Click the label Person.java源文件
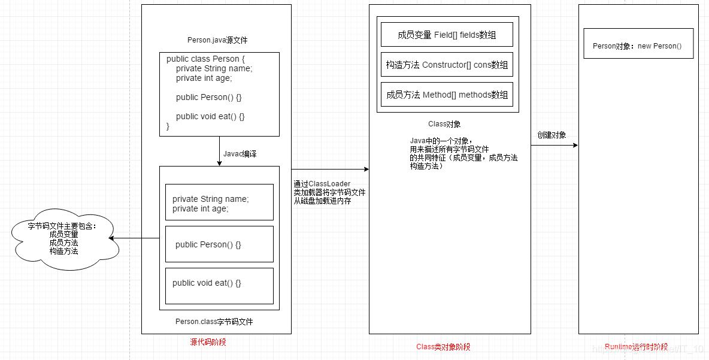[217, 40]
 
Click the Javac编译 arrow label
[240, 154]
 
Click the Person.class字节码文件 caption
[214, 322]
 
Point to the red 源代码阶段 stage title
[208, 342]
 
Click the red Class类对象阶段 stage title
[443, 347]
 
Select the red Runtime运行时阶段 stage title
[636, 347]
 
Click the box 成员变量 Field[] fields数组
[447, 35]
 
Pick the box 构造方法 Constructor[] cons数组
[447, 65]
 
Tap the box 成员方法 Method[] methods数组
[447, 95]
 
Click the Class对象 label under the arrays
[444, 124]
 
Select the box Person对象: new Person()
[638, 46]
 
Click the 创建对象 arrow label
[552, 135]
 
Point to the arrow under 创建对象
[554, 146]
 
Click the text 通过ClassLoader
[322, 184]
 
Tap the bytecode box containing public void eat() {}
[219, 286]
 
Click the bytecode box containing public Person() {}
[219, 244]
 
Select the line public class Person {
[206, 59]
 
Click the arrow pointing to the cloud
[135, 238]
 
